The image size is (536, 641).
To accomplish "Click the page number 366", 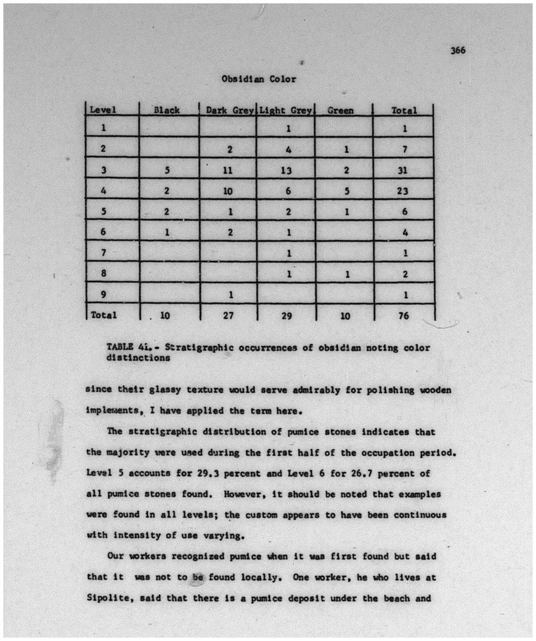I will tap(457, 50).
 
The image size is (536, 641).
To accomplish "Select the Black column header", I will tap(167, 111).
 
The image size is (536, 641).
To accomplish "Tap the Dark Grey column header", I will tap(229, 111).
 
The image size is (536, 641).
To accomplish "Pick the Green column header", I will tap(340, 111).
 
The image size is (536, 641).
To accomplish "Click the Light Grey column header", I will tap(285, 111).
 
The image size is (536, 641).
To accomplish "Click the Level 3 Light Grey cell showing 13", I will tap(286, 170).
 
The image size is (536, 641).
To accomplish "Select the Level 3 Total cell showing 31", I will tap(403, 170).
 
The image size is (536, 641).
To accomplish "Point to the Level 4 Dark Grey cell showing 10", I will tap(228, 191).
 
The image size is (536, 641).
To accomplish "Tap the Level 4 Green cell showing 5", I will tap(346, 191).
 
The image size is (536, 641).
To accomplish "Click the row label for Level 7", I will tap(103, 253).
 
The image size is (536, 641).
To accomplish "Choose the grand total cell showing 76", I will tap(404, 316).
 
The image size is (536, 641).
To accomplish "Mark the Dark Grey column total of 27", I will tap(228, 316).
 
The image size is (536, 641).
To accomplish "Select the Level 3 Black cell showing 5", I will tap(167, 170).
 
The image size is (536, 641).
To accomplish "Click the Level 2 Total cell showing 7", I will tap(405, 150).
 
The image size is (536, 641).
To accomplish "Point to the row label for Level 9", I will tap(103, 294).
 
